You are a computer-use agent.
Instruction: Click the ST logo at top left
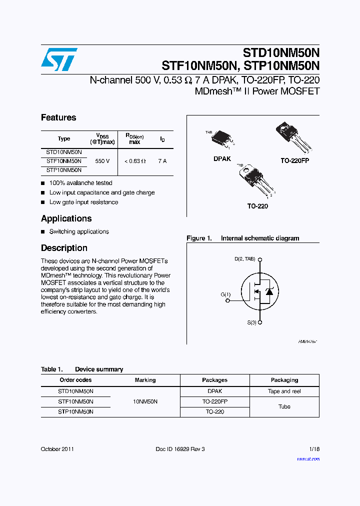pos(59,59)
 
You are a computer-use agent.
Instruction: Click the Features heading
pos(58,117)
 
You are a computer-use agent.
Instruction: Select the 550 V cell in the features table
pos(102,161)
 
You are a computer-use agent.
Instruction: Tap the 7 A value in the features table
pos(162,161)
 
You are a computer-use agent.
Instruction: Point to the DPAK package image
pos(222,140)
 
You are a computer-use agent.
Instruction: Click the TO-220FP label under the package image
pos(295,161)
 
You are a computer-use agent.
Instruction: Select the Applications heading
pos(66,218)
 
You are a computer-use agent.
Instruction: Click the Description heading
pos(64,248)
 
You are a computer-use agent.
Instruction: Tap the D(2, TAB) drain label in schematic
pos(244,259)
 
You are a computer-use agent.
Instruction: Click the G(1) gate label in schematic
pos(225,294)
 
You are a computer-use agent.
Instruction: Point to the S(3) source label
pos(251,322)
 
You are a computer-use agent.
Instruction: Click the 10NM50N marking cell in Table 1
pos(145,401)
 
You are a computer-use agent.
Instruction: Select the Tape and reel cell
pos(284,391)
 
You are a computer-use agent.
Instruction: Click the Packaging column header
pos(284,380)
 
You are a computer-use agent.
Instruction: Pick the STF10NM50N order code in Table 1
pos(75,401)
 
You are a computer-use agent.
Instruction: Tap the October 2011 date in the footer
pos(57,449)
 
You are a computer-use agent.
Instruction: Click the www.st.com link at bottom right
pos(308,458)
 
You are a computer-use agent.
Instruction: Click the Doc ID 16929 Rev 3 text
pos(180,449)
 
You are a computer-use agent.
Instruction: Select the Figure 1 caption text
pos(242,238)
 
